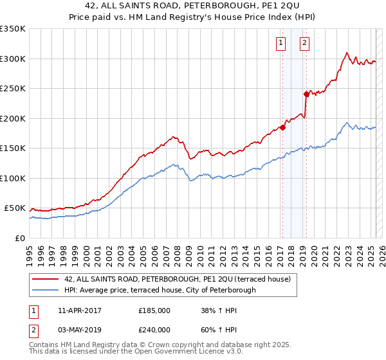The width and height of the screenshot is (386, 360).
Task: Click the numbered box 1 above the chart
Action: [x=281, y=44]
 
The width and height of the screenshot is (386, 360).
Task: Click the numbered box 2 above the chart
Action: [x=304, y=44]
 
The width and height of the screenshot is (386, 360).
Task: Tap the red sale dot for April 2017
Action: [x=282, y=127]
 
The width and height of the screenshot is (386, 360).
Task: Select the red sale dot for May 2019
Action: [x=306, y=94]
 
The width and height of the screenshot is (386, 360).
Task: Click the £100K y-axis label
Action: [x=13, y=178]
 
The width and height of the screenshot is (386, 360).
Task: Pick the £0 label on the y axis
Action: [x=19, y=238]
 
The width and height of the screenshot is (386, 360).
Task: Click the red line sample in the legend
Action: [x=45, y=279]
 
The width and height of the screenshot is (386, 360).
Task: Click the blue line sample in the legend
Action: [x=45, y=290]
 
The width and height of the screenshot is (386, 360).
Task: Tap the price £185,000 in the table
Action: [x=154, y=310]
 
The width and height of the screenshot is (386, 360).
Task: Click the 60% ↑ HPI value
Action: [x=219, y=330]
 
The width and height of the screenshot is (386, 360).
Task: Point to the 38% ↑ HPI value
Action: [x=219, y=310]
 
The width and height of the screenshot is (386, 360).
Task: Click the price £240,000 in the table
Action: [x=154, y=330]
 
